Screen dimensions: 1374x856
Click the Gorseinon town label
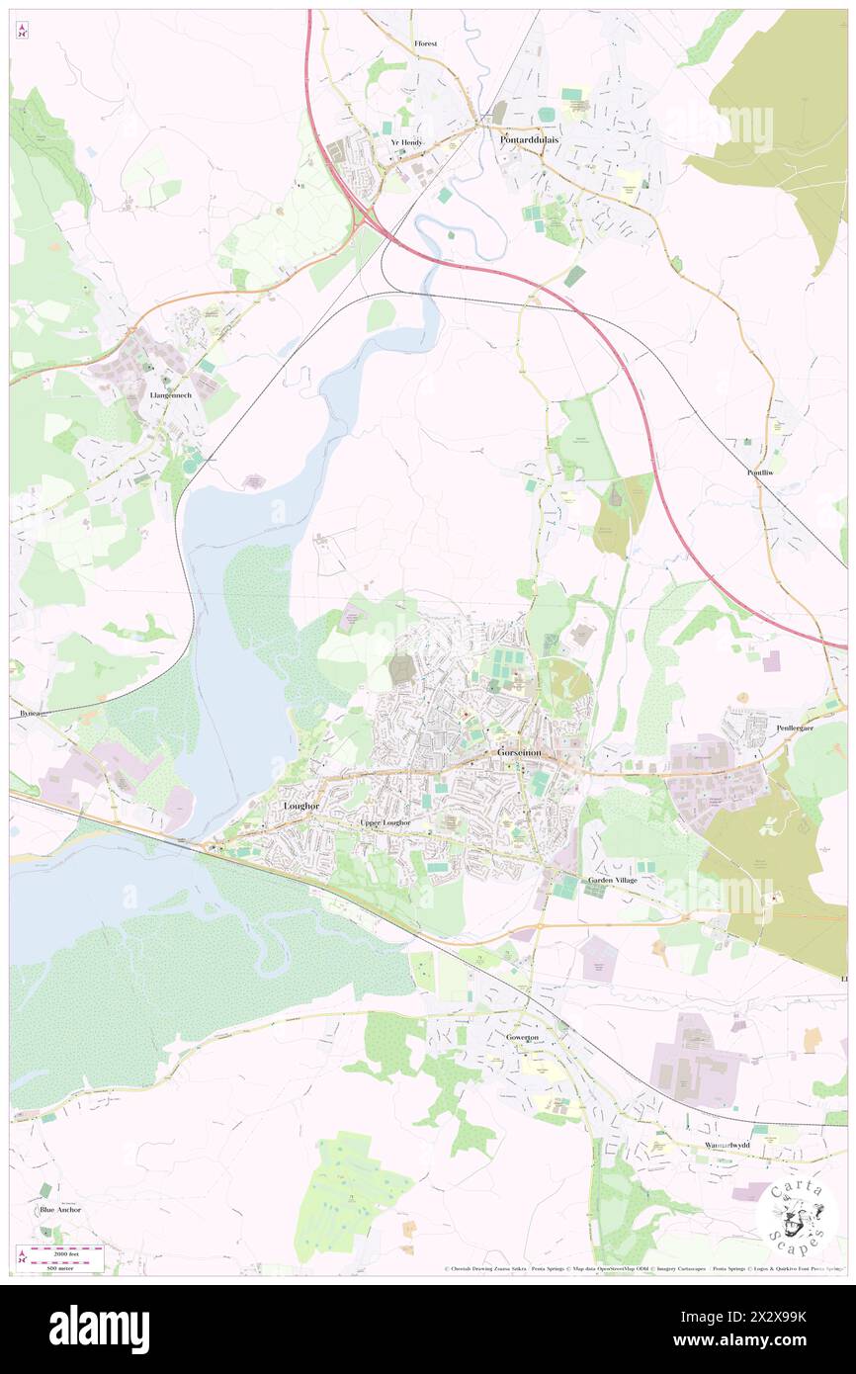pyautogui.click(x=519, y=752)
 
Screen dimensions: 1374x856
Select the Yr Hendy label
pyautogui.click(x=406, y=142)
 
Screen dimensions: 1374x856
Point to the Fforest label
pyautogui.click(x=426, y=44)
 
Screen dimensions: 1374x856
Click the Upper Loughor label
pyautogui.click(x=385, y=822)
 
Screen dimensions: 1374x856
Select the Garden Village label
pyautogui.click(x=613, y=879)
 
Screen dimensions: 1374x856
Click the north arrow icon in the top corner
pyautogui.click(x=22, y=32)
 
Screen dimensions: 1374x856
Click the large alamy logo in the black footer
pyautogui.click(x=99, y=1329)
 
